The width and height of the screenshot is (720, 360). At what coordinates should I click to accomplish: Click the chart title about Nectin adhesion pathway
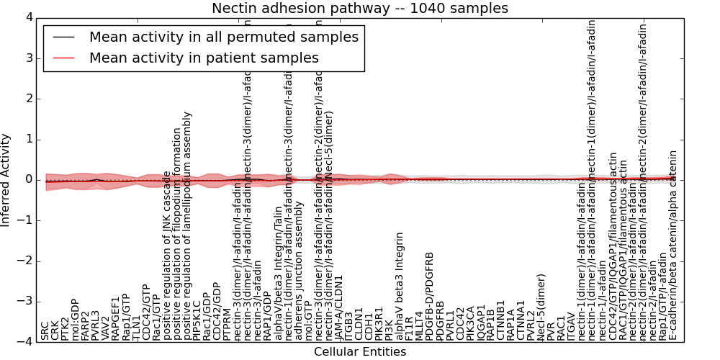click(359, 9)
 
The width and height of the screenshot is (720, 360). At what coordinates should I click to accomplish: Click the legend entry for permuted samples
click(223, 37)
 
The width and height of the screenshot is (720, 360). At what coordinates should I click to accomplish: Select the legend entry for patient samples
click(204, 58)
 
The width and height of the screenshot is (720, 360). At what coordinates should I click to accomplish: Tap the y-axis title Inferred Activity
click(6, 180)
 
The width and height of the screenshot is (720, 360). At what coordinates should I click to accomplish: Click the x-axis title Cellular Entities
click(359, 352)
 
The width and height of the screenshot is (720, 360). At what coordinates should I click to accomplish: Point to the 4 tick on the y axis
click(28, 17)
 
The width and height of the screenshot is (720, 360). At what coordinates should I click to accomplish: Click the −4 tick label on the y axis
click(24, 341)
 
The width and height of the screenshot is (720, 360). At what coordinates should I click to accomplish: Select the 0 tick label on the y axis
click(28, 179)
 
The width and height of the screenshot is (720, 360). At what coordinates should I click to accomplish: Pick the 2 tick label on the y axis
click(28, 99)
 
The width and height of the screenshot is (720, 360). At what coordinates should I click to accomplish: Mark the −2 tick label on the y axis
click(24, 261)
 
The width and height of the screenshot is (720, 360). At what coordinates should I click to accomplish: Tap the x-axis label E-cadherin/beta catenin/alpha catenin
click(673, 245)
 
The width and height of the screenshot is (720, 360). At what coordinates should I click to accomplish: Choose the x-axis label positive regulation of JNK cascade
click(167, 256)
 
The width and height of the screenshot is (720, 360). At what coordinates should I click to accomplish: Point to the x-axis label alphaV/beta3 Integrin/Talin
click(279, 274)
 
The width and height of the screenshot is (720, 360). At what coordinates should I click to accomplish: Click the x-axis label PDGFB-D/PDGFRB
click(430, 296)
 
